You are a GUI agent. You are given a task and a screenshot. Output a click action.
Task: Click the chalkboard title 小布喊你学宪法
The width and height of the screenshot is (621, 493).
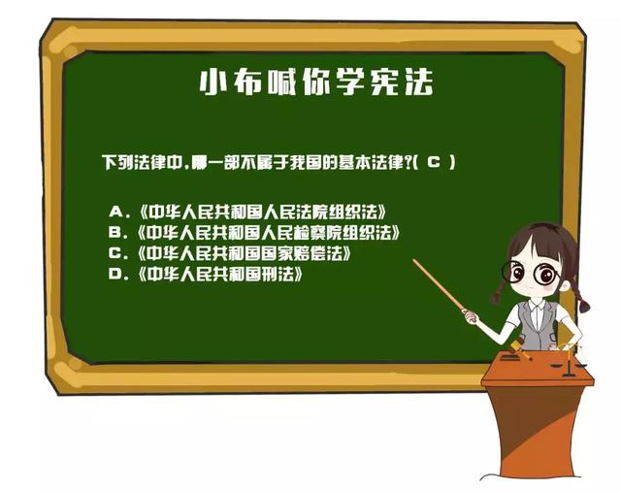316,82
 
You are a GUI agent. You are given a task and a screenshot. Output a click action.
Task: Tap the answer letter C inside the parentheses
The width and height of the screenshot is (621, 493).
434,161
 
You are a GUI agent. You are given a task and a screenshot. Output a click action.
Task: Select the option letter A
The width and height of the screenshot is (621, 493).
116,212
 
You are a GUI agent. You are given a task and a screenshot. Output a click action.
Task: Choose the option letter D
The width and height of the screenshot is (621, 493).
115,274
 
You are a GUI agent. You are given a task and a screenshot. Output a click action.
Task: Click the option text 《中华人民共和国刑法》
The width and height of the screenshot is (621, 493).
220,274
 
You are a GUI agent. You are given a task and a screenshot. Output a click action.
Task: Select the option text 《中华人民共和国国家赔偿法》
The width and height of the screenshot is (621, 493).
245,253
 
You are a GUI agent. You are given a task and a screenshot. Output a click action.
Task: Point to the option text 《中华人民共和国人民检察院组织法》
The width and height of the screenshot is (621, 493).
269,232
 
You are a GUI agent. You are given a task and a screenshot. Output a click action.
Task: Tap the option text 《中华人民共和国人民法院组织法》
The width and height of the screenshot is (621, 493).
262,212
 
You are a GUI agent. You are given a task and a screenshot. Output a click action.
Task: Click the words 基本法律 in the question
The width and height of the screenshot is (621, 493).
371,162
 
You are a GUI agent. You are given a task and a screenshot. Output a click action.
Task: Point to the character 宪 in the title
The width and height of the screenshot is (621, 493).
385,82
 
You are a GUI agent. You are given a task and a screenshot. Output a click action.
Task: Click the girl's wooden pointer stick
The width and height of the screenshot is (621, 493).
439,284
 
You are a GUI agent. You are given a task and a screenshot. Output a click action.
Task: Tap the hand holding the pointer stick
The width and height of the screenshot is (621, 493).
470,315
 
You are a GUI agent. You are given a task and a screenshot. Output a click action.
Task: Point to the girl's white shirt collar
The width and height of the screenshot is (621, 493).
537,306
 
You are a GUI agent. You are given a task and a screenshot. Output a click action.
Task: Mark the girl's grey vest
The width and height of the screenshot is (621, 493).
537,325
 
